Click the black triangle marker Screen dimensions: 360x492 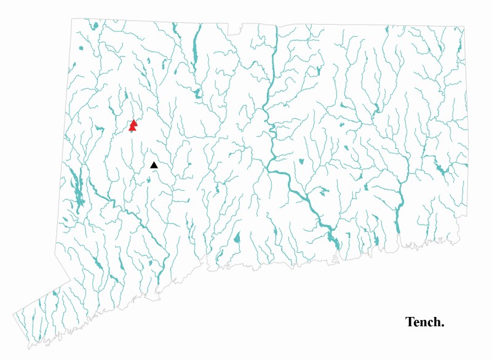(154, 164)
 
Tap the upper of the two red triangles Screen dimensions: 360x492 (134, 122)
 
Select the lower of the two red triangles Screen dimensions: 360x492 (132, 128)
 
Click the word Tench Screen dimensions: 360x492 (424, 322)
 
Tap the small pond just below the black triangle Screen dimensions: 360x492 (149, 180)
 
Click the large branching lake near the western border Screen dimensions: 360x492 (77, 188)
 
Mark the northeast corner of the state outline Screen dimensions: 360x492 (464, 27)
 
